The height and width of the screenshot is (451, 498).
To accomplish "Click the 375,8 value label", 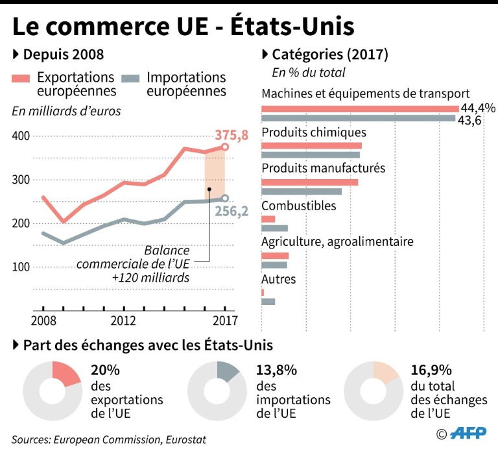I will coord(231,135).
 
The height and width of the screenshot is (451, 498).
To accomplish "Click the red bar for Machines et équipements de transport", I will coord(359,108).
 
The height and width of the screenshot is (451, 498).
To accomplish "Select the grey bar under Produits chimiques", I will coord(310,154).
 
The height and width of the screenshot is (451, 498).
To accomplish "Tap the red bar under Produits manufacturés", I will coord(309,182).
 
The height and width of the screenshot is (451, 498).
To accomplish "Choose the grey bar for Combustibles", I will coord(274,228).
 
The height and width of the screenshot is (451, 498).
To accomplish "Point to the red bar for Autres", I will coord(263,293).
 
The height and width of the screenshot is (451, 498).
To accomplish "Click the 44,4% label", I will coord(478,108).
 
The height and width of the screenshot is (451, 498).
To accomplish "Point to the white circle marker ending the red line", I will coord(224,147).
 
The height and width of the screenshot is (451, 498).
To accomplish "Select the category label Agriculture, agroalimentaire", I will coord(337,242).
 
